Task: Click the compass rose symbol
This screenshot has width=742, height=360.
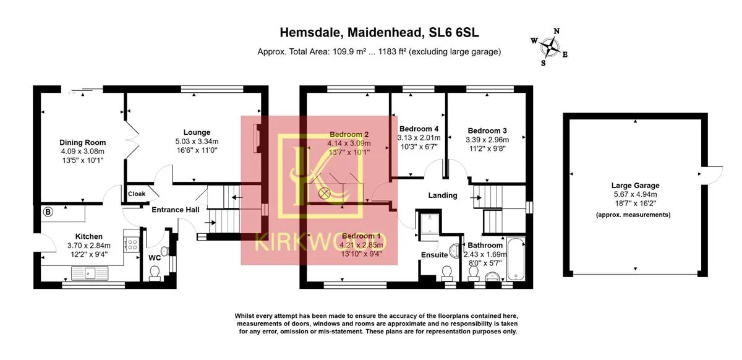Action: tap(550, 48)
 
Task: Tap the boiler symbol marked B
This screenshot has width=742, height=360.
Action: tap(48, 212)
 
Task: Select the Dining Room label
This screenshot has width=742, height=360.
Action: tap(82, 142)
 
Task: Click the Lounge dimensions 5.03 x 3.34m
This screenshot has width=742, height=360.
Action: tap(197, 142)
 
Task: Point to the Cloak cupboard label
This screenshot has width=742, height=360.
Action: tap(137, 194)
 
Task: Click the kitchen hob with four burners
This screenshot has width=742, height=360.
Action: tap(132, 245)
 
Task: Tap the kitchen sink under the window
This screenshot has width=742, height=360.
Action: tap(90, 273)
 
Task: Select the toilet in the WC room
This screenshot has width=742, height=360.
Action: tap(155, 273)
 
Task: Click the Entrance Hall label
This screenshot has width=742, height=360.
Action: tap(176, 210)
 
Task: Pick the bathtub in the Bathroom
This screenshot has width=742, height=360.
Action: tap(516, 259)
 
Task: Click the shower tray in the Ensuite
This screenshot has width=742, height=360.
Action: tap(430, 223)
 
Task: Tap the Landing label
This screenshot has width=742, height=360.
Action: tap(443, 195)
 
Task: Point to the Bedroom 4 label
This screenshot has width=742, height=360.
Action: tap(419, 129)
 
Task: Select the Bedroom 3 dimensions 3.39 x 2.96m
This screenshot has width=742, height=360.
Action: tap(487, 140)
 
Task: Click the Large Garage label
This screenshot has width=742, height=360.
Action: tap(636, 186)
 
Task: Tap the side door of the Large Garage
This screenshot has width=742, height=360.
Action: tap(713, 175)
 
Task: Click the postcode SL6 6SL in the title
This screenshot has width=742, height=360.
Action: tap(454, 33)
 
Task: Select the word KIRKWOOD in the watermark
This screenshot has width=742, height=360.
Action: tap(320, 242)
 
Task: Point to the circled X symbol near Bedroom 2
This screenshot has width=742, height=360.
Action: tap(324, 192)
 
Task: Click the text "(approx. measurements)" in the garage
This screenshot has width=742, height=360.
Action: tap(633, 215)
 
